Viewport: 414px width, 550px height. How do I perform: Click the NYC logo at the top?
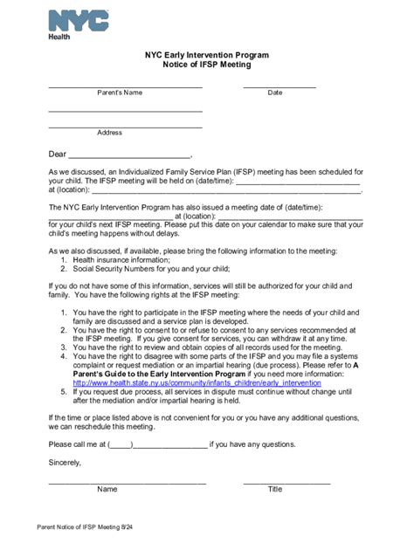79,20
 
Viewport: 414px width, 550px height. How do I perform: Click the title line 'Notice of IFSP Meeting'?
207,65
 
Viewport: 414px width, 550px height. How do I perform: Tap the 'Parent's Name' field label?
120,92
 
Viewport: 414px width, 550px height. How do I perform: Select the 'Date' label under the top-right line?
275,92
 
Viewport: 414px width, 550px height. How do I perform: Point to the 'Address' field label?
109,133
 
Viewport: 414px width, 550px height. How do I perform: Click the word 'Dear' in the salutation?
58,155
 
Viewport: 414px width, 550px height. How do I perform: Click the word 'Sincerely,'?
65,462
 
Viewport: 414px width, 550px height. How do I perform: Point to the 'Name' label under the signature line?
107,490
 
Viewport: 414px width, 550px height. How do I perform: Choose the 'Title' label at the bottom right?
275,490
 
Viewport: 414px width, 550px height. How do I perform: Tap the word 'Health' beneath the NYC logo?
59,37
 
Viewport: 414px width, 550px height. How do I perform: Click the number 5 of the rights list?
64,392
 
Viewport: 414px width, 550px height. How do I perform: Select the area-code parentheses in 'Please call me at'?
120,443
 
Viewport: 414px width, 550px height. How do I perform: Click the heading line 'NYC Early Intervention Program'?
207,54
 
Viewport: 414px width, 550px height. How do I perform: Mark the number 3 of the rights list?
64,347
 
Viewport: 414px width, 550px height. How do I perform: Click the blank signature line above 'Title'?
286,482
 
